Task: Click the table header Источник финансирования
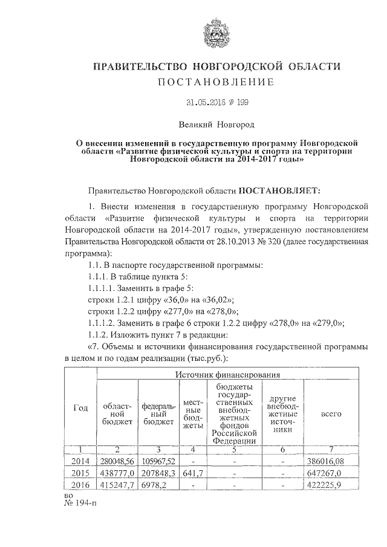[228, 375]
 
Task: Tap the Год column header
[80, 408]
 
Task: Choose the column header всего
[331, 414]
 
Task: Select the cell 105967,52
[158, 461]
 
